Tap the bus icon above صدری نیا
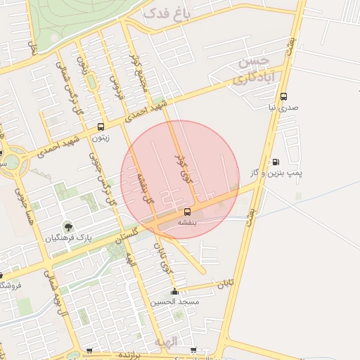pos(283,97)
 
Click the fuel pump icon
pos(275,162)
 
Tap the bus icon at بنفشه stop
pos(187,211)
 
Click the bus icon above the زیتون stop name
pos(101,127)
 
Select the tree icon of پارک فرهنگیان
pos(68,226)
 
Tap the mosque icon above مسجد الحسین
pos(174,291)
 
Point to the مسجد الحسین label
pos(175,302)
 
